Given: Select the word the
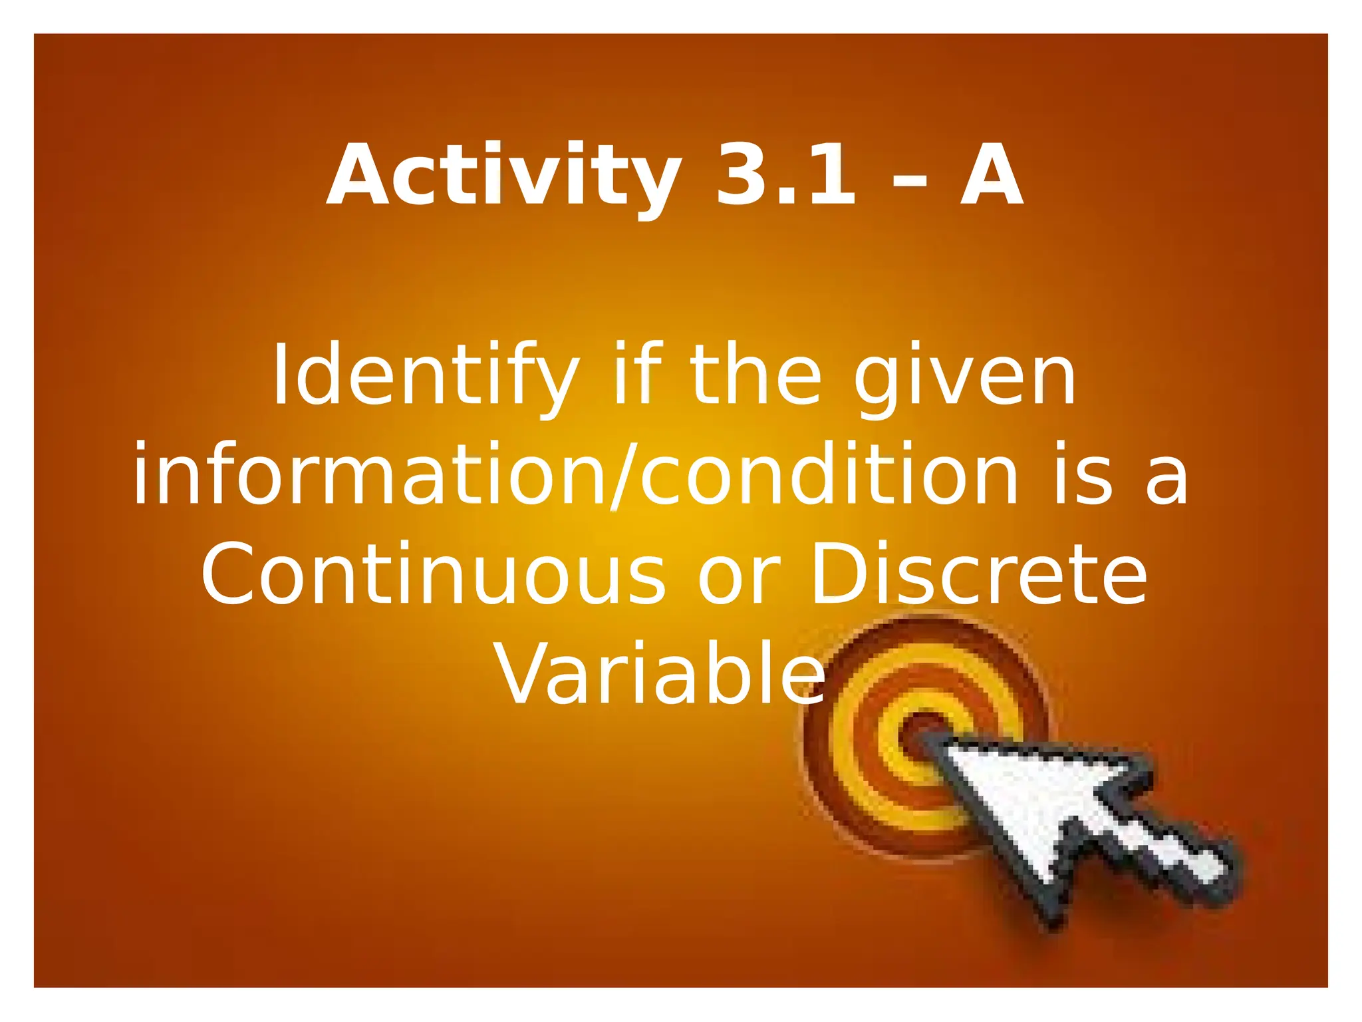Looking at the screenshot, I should coord(755,374).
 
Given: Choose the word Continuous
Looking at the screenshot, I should coord(433,574).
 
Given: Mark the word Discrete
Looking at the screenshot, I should coord(978,574).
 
